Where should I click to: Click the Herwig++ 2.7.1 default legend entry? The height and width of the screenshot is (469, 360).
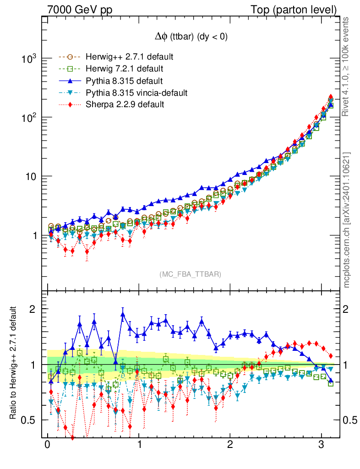click(x=129, y=57)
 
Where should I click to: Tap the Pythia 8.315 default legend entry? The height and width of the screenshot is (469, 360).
click(x=124, y=81)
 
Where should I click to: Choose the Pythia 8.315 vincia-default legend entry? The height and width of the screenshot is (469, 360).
click(x=136, y=93)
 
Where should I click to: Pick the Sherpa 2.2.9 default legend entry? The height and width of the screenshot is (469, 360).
click(x=125, y=105)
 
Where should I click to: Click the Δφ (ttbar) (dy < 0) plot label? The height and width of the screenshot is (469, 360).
click(x=191, y=37)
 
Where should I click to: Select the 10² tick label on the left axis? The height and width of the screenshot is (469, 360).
click(x=28, y=118)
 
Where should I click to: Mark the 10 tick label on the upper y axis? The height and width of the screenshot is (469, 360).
click(x=30, y=176)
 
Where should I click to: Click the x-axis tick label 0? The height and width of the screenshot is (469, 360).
click(x=47, y=446)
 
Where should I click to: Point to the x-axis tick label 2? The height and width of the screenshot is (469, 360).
click(x=230, y=446)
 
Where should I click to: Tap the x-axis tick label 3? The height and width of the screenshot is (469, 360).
click(x=322, y=446)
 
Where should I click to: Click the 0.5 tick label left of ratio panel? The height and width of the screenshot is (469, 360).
click(x=28, y=420)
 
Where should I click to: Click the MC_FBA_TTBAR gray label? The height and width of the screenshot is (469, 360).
click(x=191, y=274)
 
